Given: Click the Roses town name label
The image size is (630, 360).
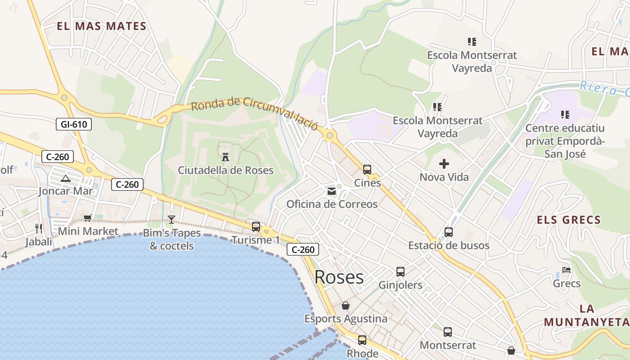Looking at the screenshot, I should coord(339,277).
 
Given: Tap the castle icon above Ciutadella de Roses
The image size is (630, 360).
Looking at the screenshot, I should coord(225,157).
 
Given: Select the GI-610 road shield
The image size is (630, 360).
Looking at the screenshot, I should coord(74,125).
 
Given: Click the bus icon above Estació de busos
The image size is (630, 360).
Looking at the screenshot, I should coord(449,232).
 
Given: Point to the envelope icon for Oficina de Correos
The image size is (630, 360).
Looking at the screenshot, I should coord(332,191).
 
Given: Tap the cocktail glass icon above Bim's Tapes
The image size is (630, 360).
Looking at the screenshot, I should coord(171,220).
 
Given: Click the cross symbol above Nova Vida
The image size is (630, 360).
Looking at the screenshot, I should coord(444,164).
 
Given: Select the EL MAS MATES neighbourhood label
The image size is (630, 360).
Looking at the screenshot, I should coord(102,26).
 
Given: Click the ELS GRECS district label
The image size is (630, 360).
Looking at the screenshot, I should coord(569,220).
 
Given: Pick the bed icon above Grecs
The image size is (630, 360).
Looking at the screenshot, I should coord(567,270).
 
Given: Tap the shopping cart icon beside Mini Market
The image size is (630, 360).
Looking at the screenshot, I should coord(87,218).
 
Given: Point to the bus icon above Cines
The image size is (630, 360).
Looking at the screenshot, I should coord(367,170).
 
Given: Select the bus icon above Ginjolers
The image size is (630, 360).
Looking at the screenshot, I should coord(400,272).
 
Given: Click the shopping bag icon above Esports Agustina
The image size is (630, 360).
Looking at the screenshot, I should coord(346,306).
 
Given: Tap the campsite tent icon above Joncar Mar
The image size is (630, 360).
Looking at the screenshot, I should coord(66,178).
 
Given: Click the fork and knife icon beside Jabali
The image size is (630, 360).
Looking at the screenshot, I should coord(39,229).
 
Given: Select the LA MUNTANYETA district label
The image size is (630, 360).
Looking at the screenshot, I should coord(587,315).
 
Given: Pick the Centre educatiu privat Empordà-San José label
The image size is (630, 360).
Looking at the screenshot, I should coord(565,141).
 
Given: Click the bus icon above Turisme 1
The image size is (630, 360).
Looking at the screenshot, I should coord(256,227).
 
